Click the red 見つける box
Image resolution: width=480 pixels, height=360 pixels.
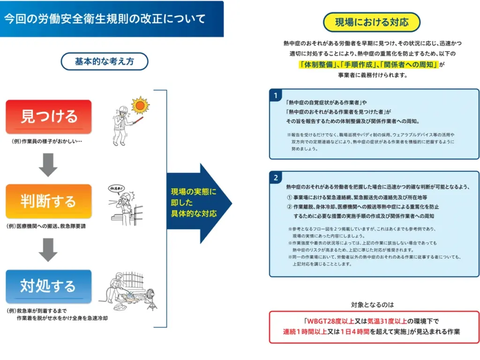tap(49, 117)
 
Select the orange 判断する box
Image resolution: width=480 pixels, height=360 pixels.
tap(49, 201)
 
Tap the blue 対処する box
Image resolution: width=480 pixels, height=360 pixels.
tap(49, 285)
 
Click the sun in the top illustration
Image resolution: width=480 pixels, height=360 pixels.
tap(139, 105)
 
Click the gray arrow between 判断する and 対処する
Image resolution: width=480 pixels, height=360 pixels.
tap(48, 249)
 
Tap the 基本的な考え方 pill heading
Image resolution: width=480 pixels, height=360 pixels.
tap(105, 61)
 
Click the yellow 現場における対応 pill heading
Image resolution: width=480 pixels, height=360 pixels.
tap(372, 22)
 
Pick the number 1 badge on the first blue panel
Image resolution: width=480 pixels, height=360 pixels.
tap(276, 96)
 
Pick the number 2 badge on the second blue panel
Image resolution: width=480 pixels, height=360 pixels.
tap(276, 178)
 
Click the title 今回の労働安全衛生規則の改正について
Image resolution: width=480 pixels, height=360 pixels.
tap(105, 19)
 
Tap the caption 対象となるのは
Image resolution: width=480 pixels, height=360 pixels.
tap(373, 304)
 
